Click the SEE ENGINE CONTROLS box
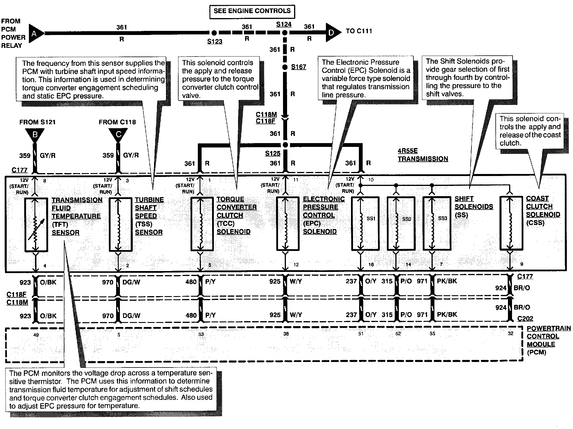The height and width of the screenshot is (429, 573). [x=252, y=11]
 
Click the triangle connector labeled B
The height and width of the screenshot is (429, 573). [x=35, y=135]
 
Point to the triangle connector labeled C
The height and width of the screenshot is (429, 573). [x=118, y=135]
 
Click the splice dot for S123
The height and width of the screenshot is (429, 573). [x=214, y=32]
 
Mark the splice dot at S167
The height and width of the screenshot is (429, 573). [x=285, y=67]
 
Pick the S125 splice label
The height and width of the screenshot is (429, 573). [x=272, y=153]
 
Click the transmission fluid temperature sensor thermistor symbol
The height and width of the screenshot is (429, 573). [x=36, y=224]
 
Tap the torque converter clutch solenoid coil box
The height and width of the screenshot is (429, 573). [x=202, y=224]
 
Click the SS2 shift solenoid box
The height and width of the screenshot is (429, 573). [x=401, y=224]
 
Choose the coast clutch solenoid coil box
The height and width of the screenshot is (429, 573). [x=511, y=224]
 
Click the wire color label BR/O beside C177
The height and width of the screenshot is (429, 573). [x=522, y=288]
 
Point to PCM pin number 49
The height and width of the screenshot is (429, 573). [x=36, y=335]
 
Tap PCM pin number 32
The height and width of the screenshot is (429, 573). [x=510, y=333]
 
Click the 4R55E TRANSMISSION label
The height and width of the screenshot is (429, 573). [x=422, y=155]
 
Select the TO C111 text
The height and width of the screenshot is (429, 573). [x=359, y=31]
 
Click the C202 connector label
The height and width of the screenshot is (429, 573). [x=525, y=319]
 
